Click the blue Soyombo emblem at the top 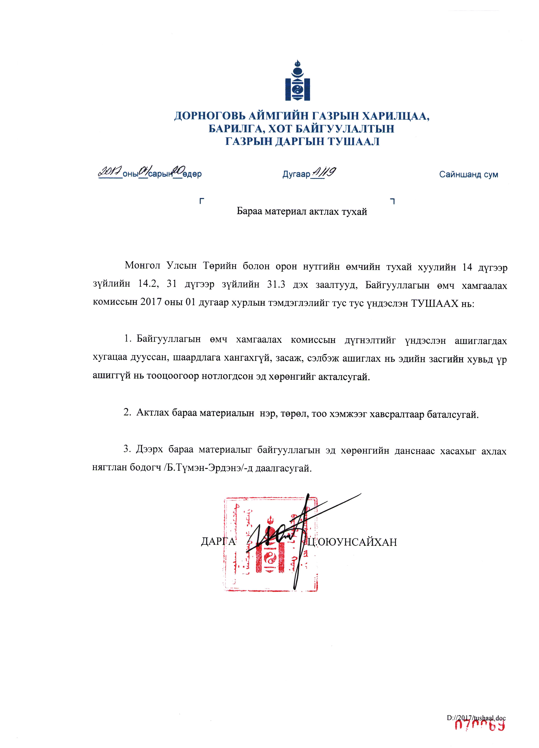pos(297,81)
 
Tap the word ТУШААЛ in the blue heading pos(354,141)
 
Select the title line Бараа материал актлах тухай pos(302,211)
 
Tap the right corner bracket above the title pos(392,200)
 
